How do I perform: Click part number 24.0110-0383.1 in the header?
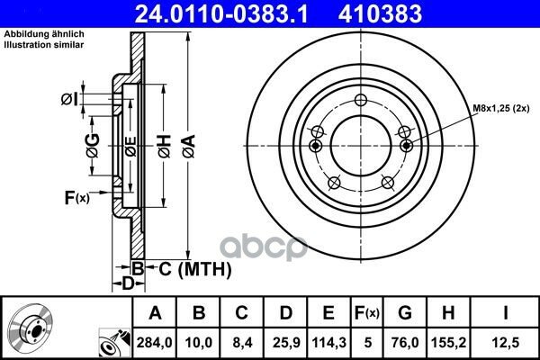[x=221, y=13]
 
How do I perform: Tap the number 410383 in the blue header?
[x=380, y=13]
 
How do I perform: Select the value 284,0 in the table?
[x=154, y=342]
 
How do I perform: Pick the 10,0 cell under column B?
[x=199, y=342]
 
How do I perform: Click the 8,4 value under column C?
[x=242, y=342]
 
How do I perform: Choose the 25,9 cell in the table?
[x=286, y=342]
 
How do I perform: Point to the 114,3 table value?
[x=328, y=342]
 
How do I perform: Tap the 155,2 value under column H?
[x=449, y=342]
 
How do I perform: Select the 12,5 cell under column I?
[x=506, y=342]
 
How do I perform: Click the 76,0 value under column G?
[x=405, y=342]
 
